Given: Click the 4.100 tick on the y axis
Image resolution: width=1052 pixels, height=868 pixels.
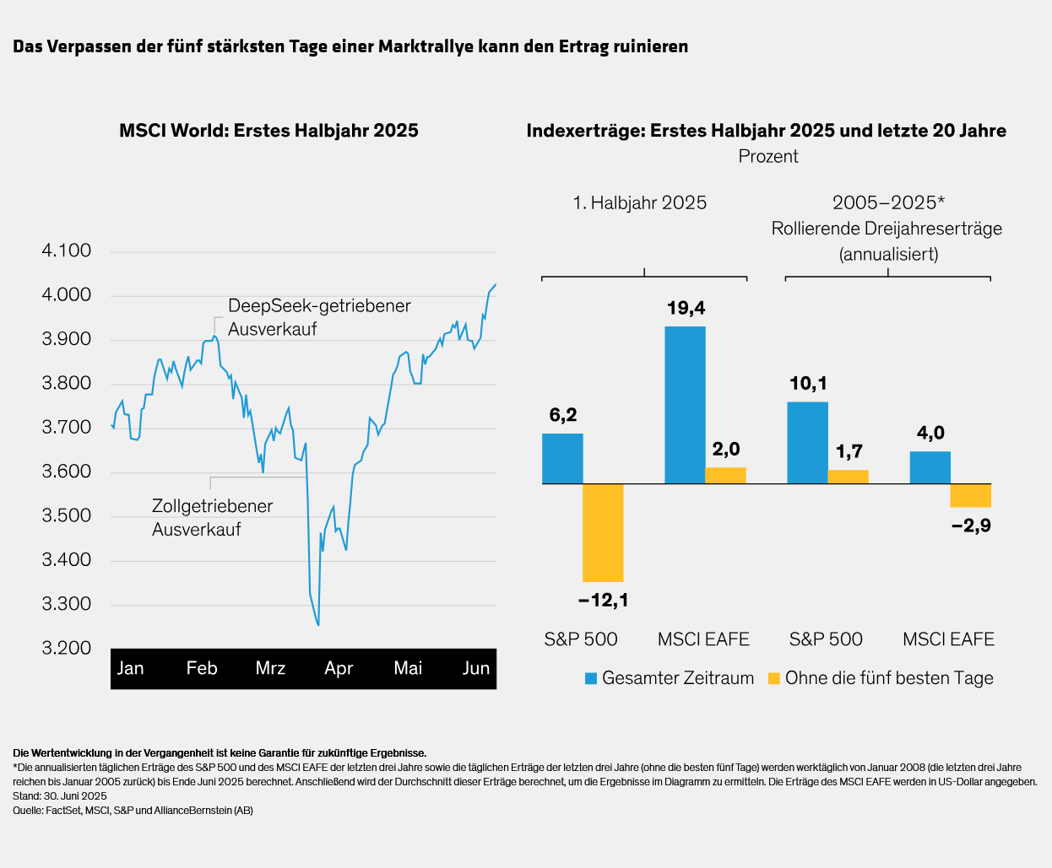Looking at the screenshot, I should [x=67, y=251].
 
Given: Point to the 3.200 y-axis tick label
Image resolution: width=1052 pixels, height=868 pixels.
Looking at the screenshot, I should [x=67, y=648].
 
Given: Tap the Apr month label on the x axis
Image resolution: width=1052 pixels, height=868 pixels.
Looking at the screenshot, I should [x=339, y=668].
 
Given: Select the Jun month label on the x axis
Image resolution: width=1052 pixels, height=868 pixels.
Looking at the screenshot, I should [x=476, y=668].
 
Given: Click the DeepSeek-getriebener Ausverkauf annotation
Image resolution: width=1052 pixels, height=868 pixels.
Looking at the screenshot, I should [x=319, y=317].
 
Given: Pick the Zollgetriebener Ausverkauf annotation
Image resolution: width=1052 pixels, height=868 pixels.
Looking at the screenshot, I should [x=212, y=517].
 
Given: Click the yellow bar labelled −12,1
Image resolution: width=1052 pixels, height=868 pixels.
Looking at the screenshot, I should [x=603, y=532].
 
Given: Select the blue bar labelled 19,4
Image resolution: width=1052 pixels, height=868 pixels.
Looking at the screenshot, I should [x=685, y=405].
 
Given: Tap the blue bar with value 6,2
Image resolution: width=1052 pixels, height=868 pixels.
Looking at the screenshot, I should [x=562, y=458].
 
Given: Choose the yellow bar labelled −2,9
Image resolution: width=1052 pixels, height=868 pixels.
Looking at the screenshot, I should [x=970, y=495].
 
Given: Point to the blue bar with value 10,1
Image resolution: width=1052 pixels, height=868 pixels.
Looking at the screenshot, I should [x=807, y=442].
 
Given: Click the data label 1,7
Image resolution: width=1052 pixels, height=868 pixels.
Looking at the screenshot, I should [x=849, y=452].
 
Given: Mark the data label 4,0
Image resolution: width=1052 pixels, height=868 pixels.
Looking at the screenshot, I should [x=930, y=434].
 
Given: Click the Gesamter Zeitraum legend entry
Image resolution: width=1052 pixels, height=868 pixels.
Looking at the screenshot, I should [x=669, y=678].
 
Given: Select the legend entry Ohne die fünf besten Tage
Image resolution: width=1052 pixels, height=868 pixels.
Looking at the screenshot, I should [x=880, y=678].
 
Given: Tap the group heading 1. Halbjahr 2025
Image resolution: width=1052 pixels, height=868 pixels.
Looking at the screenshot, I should [x=639, y=202].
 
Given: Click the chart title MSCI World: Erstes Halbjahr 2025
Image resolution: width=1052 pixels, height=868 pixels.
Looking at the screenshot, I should [x=268, y=131].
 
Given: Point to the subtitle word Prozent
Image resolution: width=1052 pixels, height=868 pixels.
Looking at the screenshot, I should [x=767, y=156].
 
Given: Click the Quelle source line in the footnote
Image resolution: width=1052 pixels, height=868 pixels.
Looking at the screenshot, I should [x=133, y=811].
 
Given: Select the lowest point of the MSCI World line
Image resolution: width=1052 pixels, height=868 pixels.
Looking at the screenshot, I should [x=318, y=625].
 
